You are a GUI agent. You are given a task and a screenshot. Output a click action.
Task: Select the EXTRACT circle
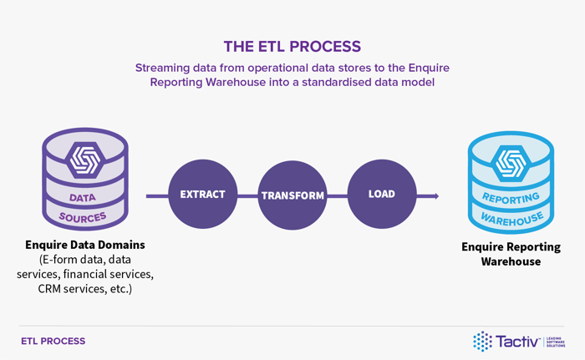click(202, 195)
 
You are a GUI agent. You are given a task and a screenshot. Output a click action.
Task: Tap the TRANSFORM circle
click(292, 195)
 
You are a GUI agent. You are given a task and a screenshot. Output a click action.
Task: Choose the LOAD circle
click(381, 195)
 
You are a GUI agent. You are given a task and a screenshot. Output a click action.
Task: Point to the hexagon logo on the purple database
click(84, 158)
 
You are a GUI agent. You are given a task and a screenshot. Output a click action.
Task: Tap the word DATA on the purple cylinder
click(82, 199)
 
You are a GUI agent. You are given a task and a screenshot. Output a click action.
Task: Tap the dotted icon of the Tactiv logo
click(482, 341)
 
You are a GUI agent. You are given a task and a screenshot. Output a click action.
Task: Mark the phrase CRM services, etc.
click(84, 288)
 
